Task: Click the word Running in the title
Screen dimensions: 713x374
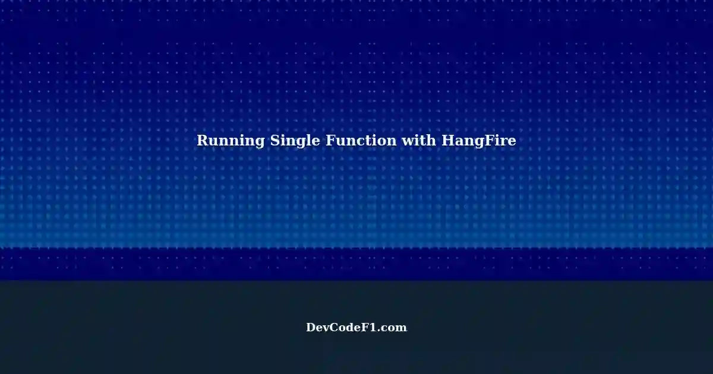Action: coord(231,141)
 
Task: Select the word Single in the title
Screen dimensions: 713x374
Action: coord(295,141)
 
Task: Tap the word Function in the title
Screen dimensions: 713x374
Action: coord(361,140)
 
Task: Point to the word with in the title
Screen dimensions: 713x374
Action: coord(419,140)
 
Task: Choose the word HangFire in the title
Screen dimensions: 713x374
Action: coord(479,141)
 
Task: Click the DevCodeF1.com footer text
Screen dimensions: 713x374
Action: coord(356,328)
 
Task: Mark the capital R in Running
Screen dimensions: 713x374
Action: coord(203,140)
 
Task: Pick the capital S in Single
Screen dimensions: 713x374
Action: coord(275,140)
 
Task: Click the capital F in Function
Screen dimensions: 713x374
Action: coord(331,140)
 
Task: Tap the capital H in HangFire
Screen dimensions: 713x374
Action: coord(449,140)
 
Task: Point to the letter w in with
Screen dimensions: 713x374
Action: coord(408,142)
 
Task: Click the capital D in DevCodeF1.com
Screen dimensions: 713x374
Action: coord(311,328)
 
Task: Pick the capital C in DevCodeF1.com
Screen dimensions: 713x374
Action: coord(337,328)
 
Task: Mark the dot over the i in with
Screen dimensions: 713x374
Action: coord(419,135)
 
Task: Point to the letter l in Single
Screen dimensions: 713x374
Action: coord(307,140)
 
